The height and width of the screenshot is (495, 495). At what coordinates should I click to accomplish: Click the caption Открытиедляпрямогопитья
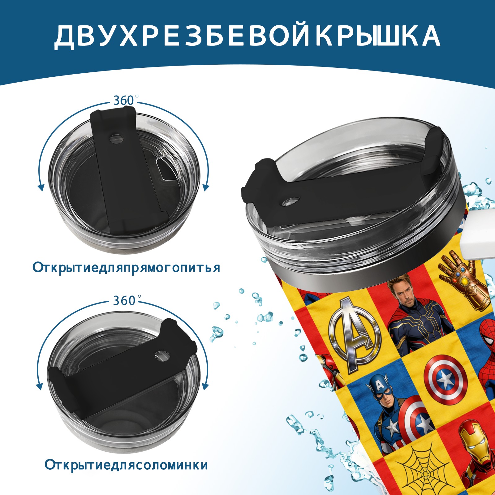click(126, 267)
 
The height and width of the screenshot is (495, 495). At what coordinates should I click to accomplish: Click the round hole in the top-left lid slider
click(116, 138)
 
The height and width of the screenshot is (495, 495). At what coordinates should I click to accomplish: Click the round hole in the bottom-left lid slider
click(161, 355)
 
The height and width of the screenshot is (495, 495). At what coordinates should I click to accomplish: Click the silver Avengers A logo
click(355, 334)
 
